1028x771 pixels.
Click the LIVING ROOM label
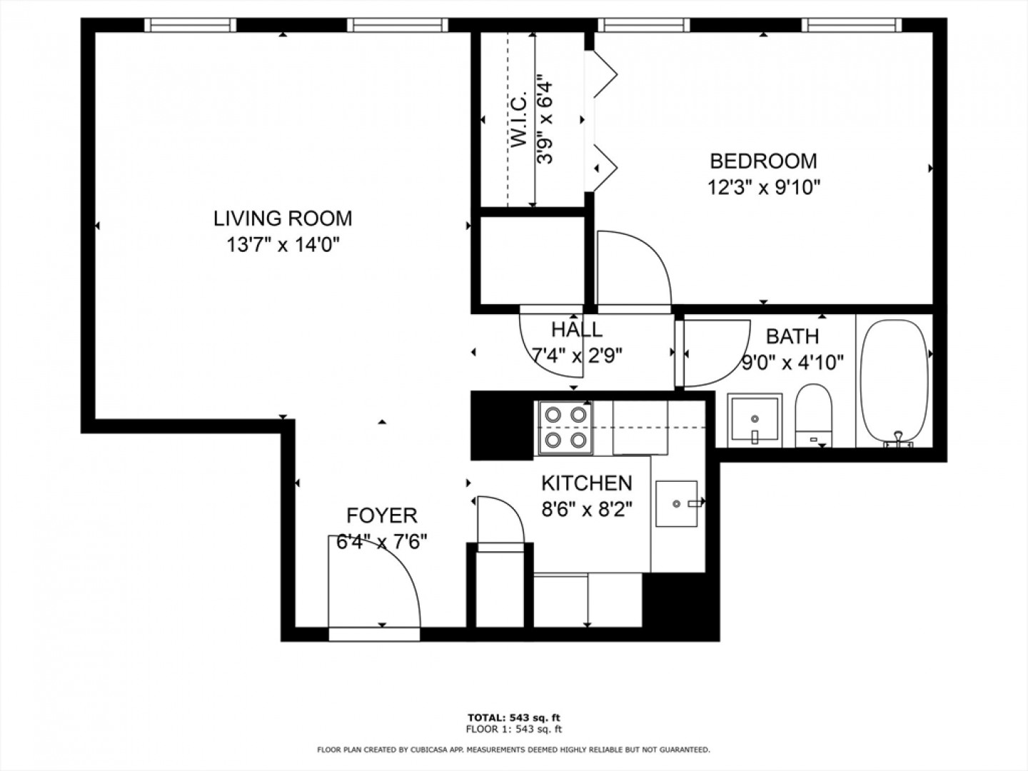(283, 218)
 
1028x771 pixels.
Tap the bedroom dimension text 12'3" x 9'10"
(763, 188)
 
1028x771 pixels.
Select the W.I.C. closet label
(519, 119)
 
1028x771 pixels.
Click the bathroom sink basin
(755, 420)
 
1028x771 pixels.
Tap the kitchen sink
(676, 503)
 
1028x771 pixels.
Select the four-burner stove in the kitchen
(565, 428)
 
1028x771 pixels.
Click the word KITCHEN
(587, 483)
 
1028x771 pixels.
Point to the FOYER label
(382, 515)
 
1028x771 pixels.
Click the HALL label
(577, 330)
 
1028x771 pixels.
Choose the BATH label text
(792, 336)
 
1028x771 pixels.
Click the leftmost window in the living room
(190, 25)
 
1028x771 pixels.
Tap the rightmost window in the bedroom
(852, 25)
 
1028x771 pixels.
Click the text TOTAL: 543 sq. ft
(514, 717)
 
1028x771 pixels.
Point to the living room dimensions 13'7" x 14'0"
(283, 244)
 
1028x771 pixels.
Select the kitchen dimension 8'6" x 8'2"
(587, 509)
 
